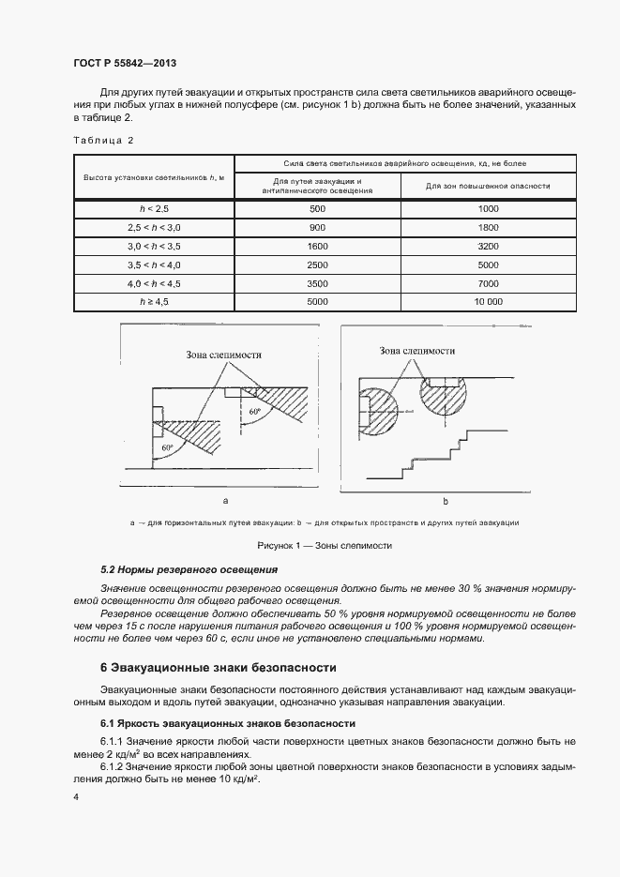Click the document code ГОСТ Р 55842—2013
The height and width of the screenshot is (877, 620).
(125, 63)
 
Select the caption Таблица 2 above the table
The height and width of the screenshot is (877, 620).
(103, 140)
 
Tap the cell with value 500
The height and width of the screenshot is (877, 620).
(317, 208)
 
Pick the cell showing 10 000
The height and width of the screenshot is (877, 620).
(488, 302)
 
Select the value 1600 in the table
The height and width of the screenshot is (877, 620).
(317, 246)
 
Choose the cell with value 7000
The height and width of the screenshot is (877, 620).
(488, 283)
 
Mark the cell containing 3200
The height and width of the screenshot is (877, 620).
(488, 246)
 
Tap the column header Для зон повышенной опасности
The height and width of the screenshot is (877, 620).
(488, 186)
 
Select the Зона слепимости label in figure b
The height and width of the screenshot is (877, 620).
(417, 351)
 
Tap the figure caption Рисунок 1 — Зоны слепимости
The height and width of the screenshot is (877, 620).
(310, 545)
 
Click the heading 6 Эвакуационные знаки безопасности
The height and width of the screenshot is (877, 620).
(218, 668)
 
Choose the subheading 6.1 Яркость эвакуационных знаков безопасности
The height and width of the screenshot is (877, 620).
(227, 723)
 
